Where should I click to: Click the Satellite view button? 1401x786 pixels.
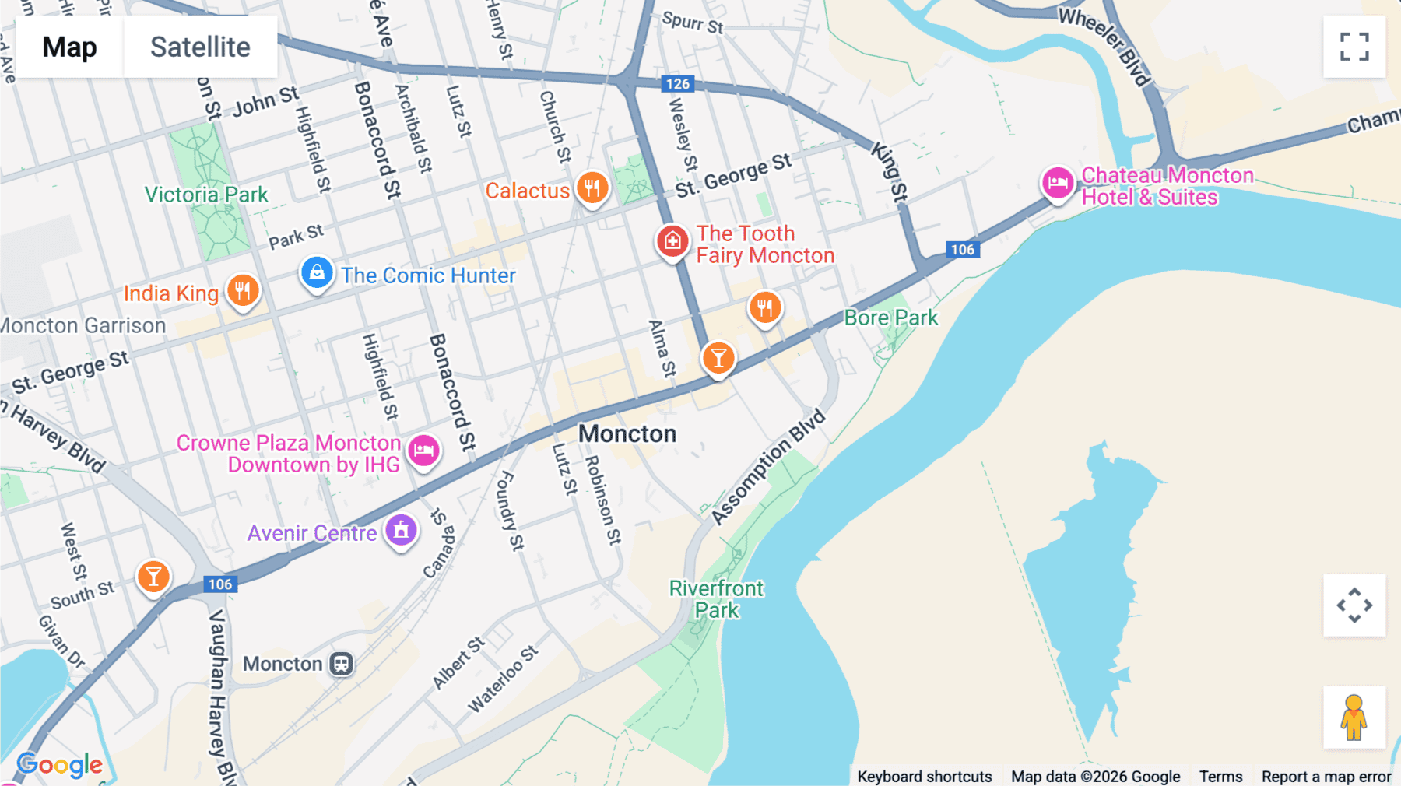click(x=200, y=47)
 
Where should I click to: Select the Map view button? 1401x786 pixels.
click(x=70, y=47)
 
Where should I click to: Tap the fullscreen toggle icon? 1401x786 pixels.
click(x=1354, y=47)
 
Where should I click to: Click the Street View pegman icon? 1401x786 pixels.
click(x=1354, y=718)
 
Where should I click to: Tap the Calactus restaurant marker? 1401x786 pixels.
click(x=592, y=188)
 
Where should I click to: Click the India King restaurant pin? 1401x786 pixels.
click(x=243, y=291)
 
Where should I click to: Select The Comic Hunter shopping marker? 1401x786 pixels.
click(x=317, y=273)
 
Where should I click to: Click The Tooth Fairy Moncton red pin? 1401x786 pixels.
click(x=672, y=241)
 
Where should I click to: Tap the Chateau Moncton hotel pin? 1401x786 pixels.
click(x=1058, y=184)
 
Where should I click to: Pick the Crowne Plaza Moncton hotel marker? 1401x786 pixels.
click(x=423, y=450)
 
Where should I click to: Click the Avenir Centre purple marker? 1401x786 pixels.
click(x=401, y=531)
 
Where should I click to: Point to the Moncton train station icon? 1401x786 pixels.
click(x=341, y=664)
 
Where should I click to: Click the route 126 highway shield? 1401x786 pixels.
click(x=677, y=84)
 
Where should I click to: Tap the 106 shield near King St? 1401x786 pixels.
click(x=962, y=250)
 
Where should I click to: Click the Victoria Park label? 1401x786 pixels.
click(x=206, y=195)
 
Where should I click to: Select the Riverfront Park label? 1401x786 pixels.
click(x=717, y=599)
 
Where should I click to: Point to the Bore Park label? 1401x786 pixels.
click(x=891, y=318)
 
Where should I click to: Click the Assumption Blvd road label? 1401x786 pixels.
click(x=768, y=466)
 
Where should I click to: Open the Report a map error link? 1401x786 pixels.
click(x=1326, y=777)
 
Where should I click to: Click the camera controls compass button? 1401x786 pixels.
click(x=1354, y=605)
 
